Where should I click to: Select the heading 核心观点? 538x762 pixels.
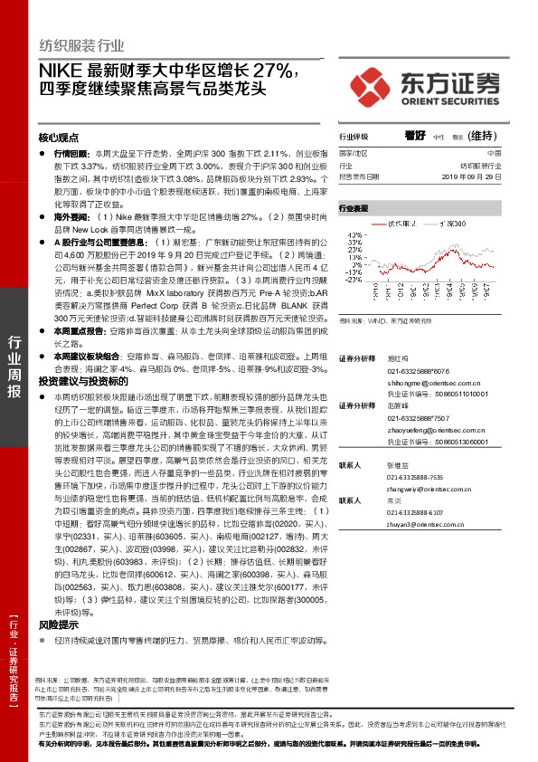59,138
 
